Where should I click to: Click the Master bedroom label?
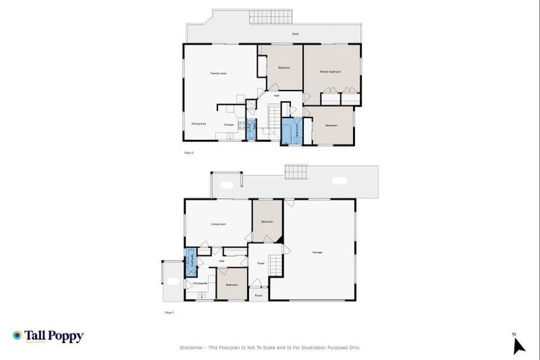coord(330,72)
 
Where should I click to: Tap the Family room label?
coord(218,73)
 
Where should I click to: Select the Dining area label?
coord(199,124)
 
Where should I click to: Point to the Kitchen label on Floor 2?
coord(229,125)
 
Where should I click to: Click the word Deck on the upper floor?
coord(296,34)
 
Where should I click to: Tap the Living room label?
coord(218,224)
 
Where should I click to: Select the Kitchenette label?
coord(200,284)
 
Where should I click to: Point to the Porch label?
coord(259,296)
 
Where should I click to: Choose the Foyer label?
coord(260,264)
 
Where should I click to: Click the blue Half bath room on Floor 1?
coord(190,261)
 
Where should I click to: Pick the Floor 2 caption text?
coord(188,151)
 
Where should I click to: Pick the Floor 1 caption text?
coord(169,312)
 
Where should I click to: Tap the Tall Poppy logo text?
coord(54,336)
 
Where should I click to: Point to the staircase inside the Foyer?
coord(276,265)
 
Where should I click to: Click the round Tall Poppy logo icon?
coord(17,335)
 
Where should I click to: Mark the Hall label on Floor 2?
coord(277,96)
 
